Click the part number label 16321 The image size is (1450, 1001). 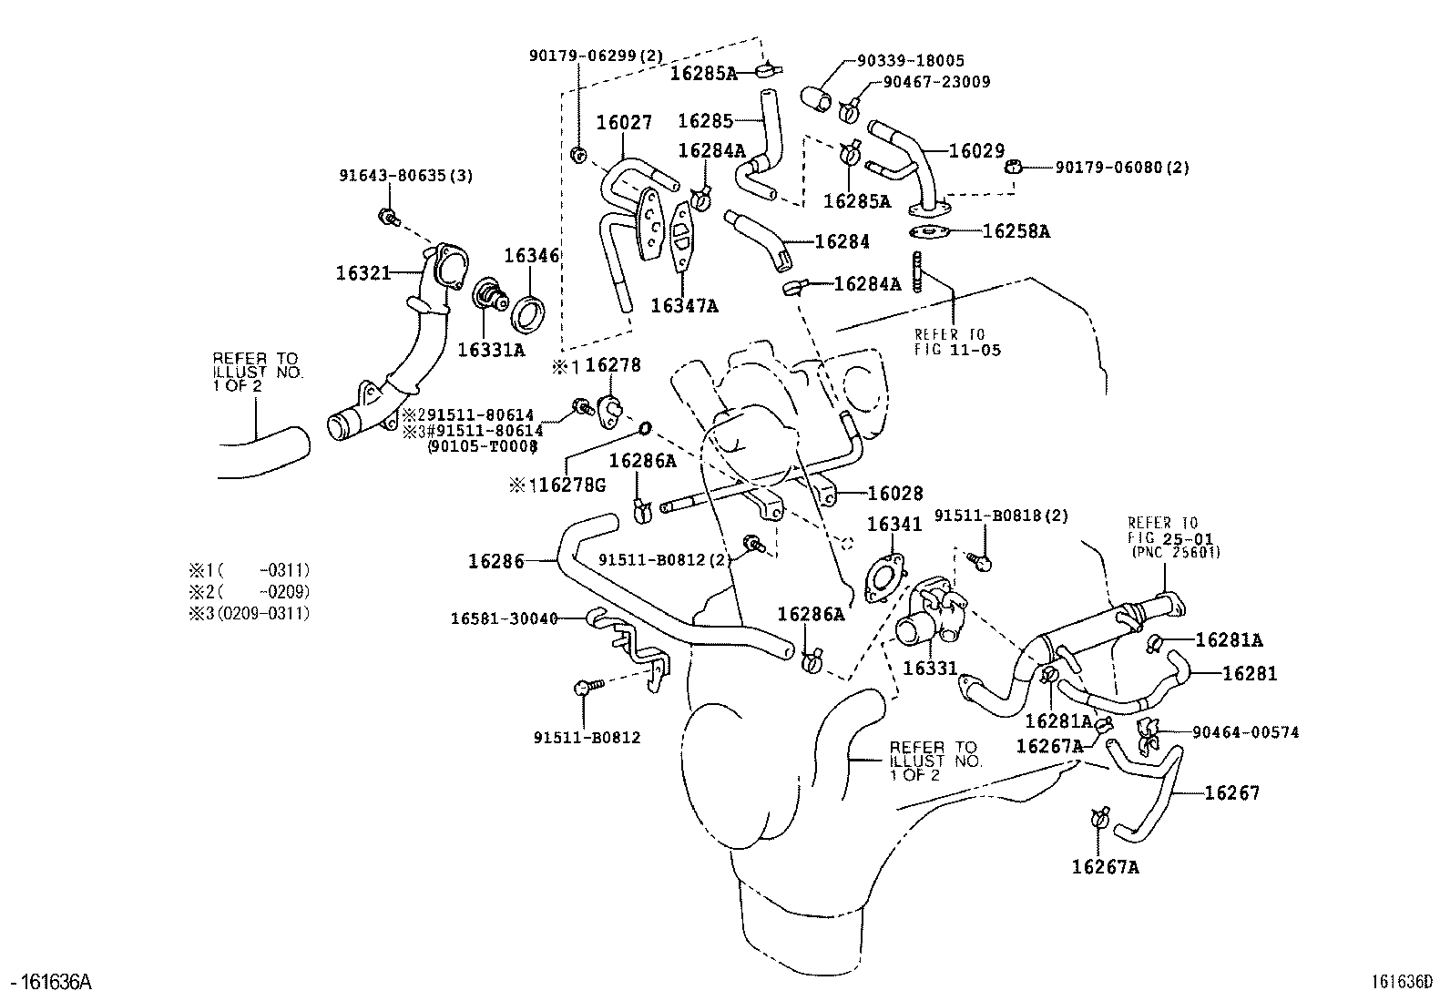coord(363,272)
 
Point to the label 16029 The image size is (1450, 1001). coord(976,151)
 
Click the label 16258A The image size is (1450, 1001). coord(1016,231)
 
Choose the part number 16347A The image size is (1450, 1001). coord(684,306)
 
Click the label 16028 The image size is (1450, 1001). coord(895,493)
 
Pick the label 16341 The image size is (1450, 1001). coord(893,524)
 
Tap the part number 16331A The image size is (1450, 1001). coord(491,349)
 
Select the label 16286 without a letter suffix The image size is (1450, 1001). coord(496,561)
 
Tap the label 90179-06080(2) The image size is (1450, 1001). coord(1122,167)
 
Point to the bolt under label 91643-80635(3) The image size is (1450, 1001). coord(388,217)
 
